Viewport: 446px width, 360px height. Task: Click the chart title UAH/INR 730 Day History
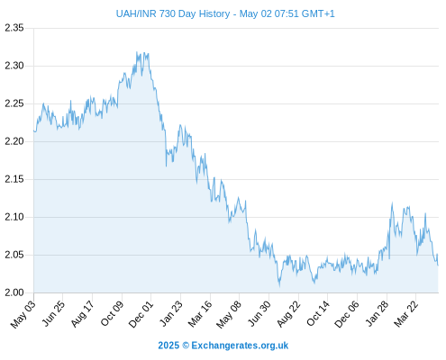pyautogui.click(x=173, y=13)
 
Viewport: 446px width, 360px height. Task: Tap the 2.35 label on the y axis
pyautogui.click(x=14, y=28)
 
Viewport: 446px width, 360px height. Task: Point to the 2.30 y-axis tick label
pyautogui.click(x=14, y=66)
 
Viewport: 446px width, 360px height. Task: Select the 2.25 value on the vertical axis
pyautogui.click(x=14, y=103)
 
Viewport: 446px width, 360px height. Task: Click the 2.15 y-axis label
pyautogui.click(x=14, y=179)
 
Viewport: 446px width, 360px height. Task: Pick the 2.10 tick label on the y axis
pyautogui.click(x=14, y=217)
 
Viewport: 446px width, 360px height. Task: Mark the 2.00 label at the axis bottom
pyautogui.click(x=14, y=292)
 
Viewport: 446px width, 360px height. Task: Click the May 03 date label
pyautogui.click(x=23, y=314)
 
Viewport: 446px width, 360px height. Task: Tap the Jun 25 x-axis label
pyautogui.click(x=52, y=314)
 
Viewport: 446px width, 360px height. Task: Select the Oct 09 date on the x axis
pyautogui.click(x=112, y=314)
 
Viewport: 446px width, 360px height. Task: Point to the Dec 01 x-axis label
pyautogui.click(x=141, y=314)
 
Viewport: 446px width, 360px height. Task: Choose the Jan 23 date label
pyautogui.click(x=171, y=314)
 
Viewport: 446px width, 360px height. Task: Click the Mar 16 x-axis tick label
pyautogui.click(x=200, y=314)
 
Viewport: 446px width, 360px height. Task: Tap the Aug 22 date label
pyautogui.click(x=288, y=314)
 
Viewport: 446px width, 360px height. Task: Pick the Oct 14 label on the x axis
pyautogui.click(x=318, y=314)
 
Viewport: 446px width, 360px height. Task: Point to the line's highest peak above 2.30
pyautogui.click(x=137, y=52)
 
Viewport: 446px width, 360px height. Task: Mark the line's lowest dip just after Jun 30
pyautogui.click(x=279, y=286)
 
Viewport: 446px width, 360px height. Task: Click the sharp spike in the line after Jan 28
pyautogui.click(x=392, y=203)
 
